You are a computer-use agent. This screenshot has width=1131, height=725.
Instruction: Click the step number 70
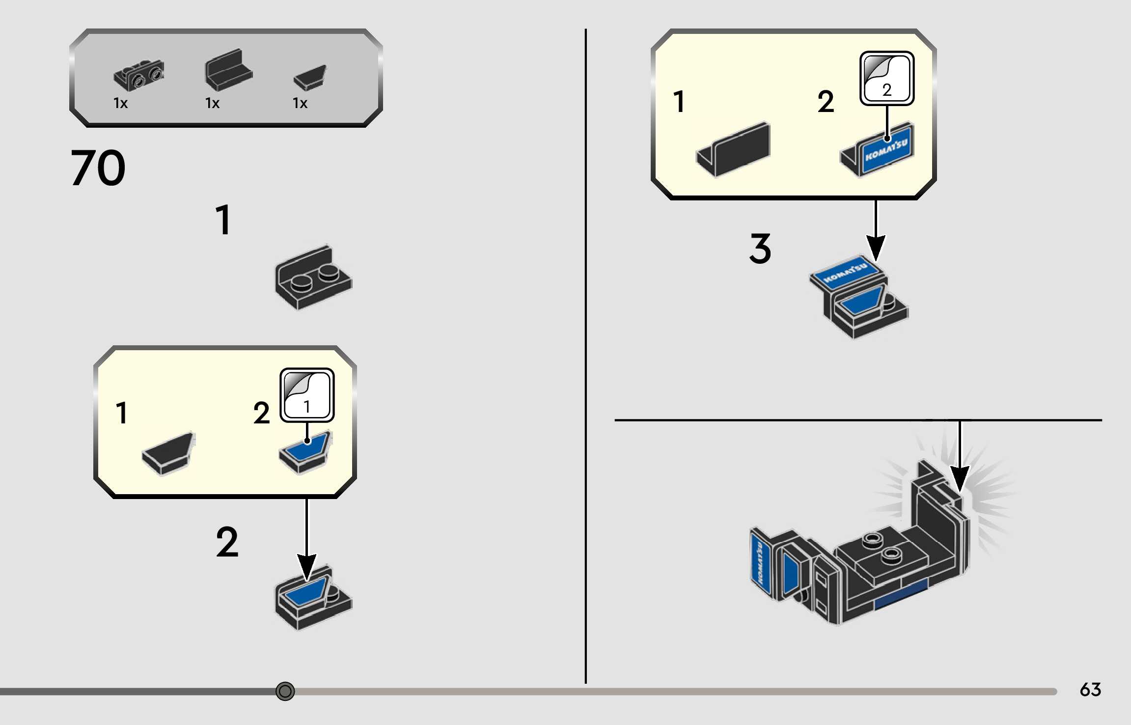(98, 168)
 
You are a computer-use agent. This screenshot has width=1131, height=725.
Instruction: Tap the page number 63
(1090, 690)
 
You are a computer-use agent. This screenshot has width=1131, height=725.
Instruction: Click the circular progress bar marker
(285, 691)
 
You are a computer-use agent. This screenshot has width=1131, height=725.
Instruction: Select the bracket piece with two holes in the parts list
(139, 75)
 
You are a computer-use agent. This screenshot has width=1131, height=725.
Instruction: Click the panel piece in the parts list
(228, 70)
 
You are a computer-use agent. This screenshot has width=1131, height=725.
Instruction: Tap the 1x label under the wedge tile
(300, 103)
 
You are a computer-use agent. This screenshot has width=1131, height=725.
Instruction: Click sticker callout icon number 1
(307, 395)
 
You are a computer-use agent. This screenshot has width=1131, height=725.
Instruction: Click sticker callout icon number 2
(886, 78)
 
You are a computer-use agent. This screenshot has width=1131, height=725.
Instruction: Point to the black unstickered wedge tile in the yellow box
(168, 453)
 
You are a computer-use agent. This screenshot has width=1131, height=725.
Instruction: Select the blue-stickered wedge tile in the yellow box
(305, 452)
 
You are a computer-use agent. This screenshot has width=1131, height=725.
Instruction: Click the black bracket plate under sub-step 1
(313, 278)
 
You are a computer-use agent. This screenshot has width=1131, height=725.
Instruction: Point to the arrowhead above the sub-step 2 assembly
(307, 566)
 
